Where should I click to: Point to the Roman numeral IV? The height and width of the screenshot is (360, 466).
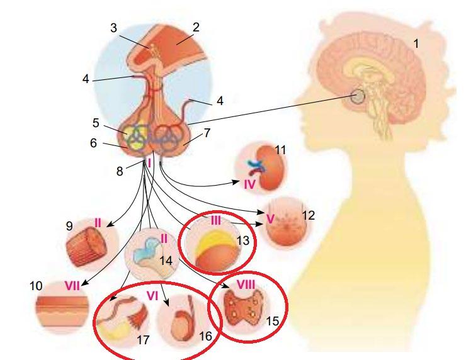(x=249, y=184)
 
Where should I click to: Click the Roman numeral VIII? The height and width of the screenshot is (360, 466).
(x=244, y=284)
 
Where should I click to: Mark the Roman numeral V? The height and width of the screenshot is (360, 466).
(x=271, y=220)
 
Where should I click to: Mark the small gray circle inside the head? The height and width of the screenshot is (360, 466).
(x=359, y=96)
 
